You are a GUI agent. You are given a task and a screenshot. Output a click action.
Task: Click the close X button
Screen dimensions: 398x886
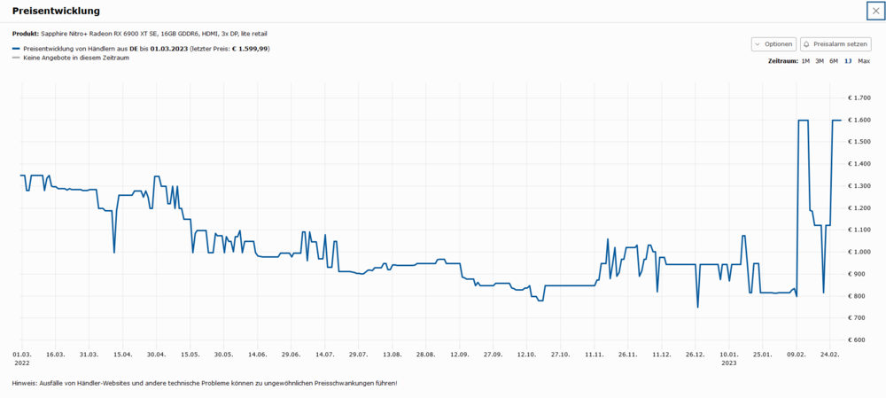click(875, 11)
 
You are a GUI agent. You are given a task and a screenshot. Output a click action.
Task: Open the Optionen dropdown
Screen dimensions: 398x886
click(773, 44)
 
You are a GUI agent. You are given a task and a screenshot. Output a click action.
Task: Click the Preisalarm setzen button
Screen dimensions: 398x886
click(835, 44)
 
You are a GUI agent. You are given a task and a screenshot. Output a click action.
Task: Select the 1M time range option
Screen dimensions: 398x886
click(805, 61)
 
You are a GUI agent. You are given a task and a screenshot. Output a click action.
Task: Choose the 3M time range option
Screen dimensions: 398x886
click(820, 61)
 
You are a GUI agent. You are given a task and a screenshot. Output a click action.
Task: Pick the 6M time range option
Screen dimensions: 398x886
click(834, 61)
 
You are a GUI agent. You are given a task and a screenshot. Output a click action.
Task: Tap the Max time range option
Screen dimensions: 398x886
click(864, 61)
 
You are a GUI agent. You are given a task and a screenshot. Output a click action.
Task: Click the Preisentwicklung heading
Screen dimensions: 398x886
click(56, 11)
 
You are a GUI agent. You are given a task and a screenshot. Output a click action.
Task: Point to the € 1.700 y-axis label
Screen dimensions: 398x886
click(860, 98)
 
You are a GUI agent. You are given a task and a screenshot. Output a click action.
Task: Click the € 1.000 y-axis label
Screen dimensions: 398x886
click(860, 252)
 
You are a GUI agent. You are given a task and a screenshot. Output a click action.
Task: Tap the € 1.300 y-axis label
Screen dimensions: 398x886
click(860, 186)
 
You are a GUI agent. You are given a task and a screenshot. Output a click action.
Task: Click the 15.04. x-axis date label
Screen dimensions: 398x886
click(122, 354)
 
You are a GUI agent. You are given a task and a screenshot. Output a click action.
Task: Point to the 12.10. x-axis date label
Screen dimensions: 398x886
click(526, 354)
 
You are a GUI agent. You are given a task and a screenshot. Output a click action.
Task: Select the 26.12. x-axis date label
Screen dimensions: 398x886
click(695, 354)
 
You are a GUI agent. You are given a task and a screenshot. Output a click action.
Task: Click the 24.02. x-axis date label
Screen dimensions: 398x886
click(829, 354)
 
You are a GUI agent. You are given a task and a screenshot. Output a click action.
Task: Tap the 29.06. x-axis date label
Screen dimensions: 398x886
click(291, 354)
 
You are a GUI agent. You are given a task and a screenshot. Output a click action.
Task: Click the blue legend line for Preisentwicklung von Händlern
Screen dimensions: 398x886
click(16, 49)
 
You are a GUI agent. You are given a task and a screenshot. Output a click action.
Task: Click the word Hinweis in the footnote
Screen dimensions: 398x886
click(26, 383)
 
